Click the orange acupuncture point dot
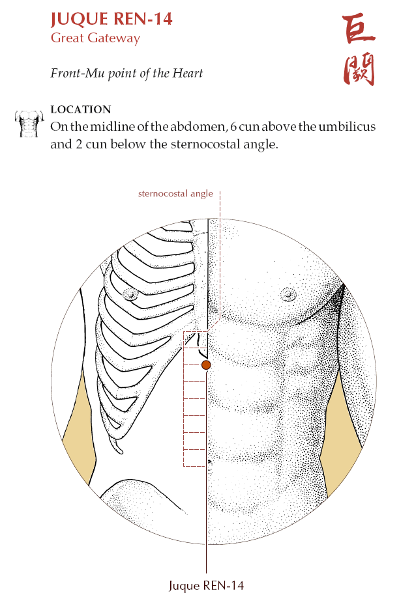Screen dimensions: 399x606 206,365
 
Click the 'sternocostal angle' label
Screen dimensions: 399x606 175,193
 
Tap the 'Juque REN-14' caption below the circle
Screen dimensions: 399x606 206,586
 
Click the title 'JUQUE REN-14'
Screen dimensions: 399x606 111,20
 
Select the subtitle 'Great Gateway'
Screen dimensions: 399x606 95,38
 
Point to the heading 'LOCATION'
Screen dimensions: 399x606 81,109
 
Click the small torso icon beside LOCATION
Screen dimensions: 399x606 29,123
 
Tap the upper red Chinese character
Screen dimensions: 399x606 359,30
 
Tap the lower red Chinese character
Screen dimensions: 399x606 359,69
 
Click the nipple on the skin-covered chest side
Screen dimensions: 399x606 288,294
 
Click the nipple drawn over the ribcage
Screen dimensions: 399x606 130,294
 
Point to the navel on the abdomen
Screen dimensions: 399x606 209,462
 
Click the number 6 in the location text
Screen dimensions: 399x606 233,126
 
